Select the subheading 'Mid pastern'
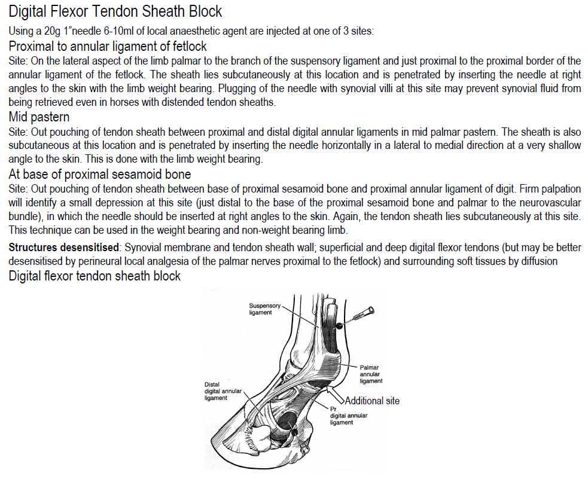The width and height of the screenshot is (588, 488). click(x=39, y=117)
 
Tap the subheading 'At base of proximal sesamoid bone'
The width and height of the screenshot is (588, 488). click(x=100, y=175)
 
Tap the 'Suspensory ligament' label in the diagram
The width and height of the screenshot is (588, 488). click(x=264, y=309)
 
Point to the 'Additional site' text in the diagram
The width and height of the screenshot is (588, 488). click(x=372, y=401)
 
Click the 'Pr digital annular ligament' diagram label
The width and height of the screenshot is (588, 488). click(x=348, y=416)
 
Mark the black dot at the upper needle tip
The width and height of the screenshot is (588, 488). click(x=339, y=325)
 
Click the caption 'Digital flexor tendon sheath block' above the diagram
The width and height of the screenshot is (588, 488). click(x=95, y=276)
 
